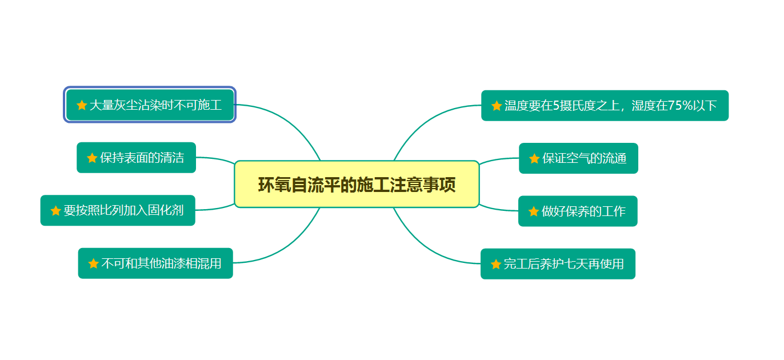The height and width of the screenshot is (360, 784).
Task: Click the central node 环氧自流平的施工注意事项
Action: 357,185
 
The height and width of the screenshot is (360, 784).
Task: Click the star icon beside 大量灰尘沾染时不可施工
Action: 82,105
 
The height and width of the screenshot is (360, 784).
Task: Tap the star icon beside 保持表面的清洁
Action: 92,158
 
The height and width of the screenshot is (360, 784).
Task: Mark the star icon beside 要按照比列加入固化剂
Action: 55,211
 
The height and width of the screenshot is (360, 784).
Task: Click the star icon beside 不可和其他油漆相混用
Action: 94,263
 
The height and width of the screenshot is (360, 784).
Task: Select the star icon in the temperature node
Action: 497,106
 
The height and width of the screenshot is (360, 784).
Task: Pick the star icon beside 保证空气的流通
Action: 534,158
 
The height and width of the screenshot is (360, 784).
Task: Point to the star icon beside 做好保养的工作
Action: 534,211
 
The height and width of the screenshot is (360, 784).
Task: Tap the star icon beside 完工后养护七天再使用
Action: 496,264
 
